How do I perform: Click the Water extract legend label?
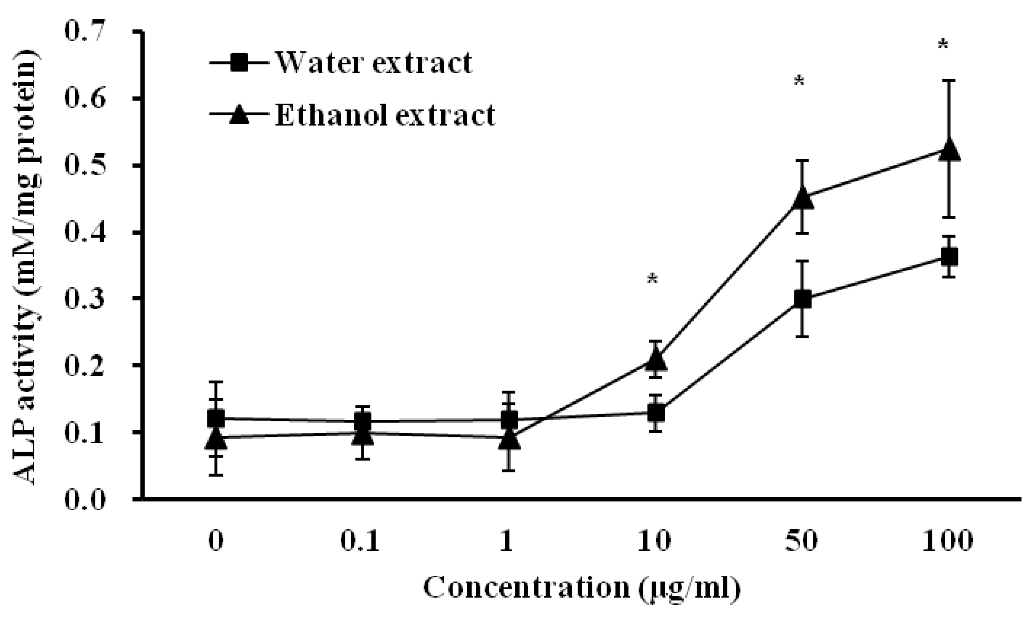pyautogui.click(x=373, y=63)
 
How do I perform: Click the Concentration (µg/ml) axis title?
pyautogui.click(x=582, y=588)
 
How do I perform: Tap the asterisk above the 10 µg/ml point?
pyautogui.click(x=652, y=279)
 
